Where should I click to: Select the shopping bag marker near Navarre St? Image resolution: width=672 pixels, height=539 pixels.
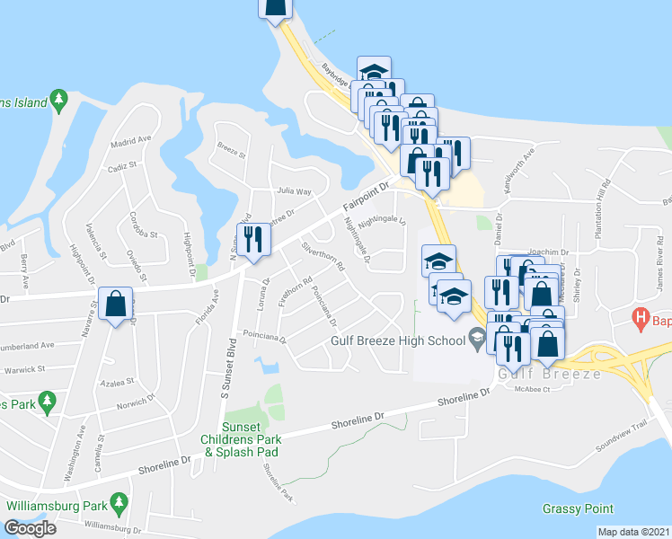pos(116,305)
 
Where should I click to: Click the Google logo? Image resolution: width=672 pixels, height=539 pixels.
pos(31,527)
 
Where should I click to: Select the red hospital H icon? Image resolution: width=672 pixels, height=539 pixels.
pos(640,317)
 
